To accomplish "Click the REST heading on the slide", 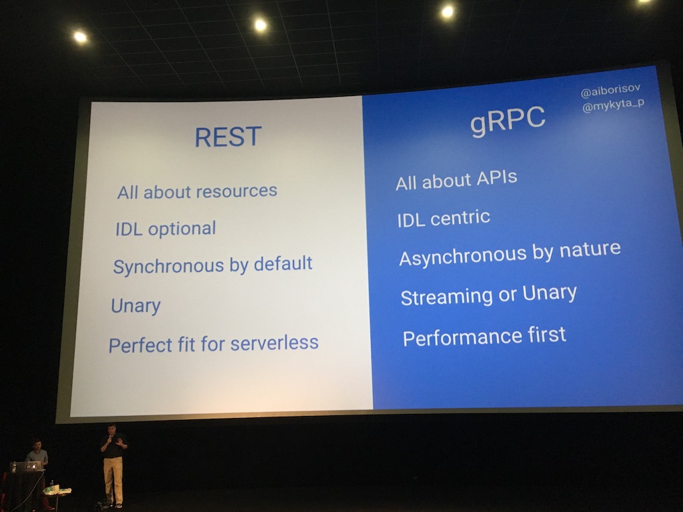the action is (228, 137).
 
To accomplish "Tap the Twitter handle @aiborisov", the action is (610, 90).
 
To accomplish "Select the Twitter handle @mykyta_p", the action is (614, 105).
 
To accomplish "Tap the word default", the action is (283, 263).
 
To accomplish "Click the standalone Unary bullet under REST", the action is (136, 305).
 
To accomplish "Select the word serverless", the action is (274, 343).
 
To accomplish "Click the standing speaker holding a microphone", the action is (113, 465).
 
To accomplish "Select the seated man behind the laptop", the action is (37, 455).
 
